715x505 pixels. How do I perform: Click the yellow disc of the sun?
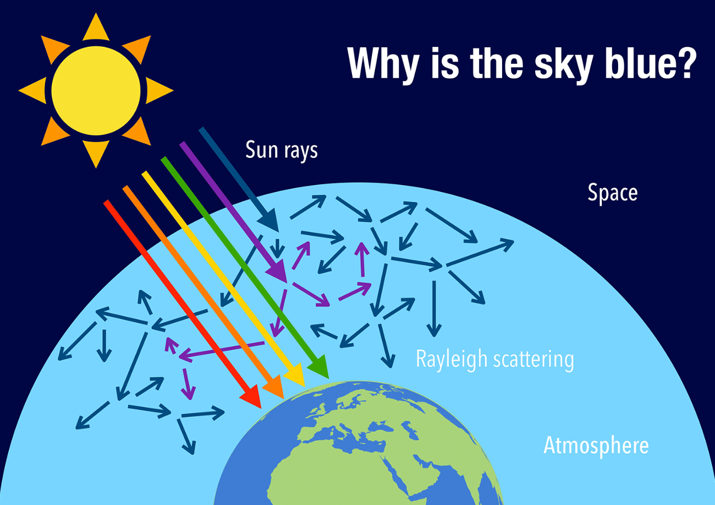(x=96, y=90)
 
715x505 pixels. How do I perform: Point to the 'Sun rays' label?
(x=282, y=150)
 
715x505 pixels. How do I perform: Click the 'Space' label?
(x=613, y=193)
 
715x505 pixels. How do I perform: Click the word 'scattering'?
(x=533, y=360)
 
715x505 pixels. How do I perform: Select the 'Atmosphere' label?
(x=596, y=445)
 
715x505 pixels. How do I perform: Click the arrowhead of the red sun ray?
(x=252, y=397)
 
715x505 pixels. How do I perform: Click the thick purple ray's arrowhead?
(x=277, y=271)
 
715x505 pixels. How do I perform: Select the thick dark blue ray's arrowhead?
(x=269, y=220)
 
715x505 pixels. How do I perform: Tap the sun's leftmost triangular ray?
(x=32, y=90)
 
